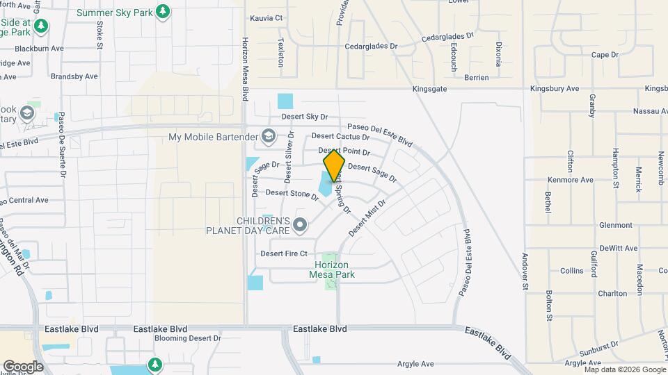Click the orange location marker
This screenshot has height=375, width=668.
[x=334, y=166]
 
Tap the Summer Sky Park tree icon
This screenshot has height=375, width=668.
[x=163, y=12]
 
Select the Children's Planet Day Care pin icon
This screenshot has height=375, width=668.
[x=300, y=224]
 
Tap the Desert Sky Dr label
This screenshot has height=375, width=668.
[x=304, y=117]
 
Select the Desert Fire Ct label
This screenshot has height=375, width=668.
[x=283, y=253]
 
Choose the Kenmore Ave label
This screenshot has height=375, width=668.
[x=570, y=180]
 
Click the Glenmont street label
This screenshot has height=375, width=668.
[x=615, y=225]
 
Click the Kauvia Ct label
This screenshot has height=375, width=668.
[x=267, y=17]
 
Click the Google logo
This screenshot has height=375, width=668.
[x=23, y=366]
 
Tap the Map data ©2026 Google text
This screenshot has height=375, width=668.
[x=624, y=369]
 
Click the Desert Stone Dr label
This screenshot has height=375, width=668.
[x=292, y=193]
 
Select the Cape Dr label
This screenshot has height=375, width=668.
[x=605, y=55]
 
